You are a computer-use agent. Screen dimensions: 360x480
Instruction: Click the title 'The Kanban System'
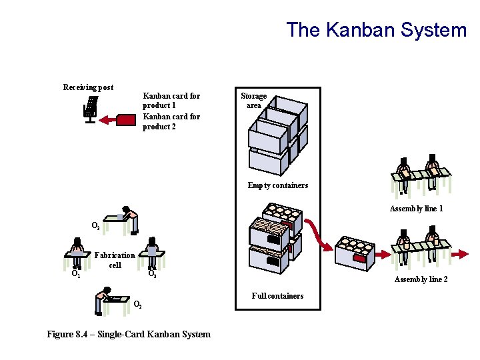click(x=377, y=30)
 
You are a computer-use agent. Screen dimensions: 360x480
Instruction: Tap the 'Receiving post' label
click(x=88, y=87)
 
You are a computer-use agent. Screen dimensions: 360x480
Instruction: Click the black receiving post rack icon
click(x=90, y=108)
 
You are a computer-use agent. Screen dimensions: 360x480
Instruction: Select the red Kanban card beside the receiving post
click(x=125, y=120)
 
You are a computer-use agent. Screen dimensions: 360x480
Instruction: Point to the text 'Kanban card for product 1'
click(x=171, y=101)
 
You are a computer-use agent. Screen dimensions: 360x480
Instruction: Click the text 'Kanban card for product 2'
click(x=171, y=121)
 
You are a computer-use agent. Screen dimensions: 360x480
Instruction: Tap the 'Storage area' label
click(x=253, y=101)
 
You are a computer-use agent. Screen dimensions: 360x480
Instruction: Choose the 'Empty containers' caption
click(x=278, y=185)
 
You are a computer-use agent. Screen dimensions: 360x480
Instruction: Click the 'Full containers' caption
click(x=277, y=295)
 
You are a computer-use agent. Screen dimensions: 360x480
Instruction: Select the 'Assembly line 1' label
click(x=416, y=209)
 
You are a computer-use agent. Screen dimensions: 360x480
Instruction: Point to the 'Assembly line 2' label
click(x=421, y=279)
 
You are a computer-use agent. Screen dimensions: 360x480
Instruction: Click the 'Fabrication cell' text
click(x=115, y=260)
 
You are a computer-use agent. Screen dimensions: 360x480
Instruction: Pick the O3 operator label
click(x=152, y=273)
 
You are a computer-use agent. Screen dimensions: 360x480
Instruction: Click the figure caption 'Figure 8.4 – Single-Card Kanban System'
click(x=129, y=334)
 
